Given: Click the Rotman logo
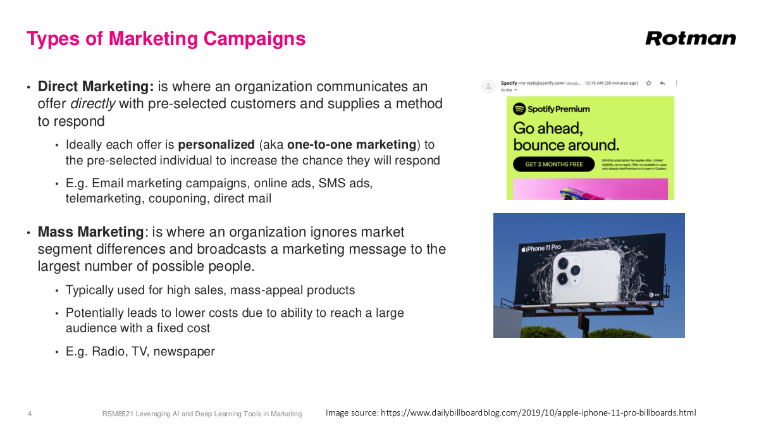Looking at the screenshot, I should [x=690, y=39].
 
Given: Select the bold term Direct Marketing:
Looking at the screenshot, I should [x=96, y=87].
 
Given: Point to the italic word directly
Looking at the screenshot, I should [x=92, y=104].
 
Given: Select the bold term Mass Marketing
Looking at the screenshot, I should [x=91, y=232].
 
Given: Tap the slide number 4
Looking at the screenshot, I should [x=30, y=414].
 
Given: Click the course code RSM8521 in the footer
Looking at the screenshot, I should [x=118, y=414].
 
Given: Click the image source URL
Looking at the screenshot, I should [x=538, y=413].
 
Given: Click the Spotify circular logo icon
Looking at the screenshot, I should [x=519, y=109].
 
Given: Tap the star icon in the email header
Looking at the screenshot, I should [x=649, y=83].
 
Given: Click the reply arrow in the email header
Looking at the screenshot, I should [x=662, y=83].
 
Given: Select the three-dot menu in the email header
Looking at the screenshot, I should [x=676, y=83].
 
